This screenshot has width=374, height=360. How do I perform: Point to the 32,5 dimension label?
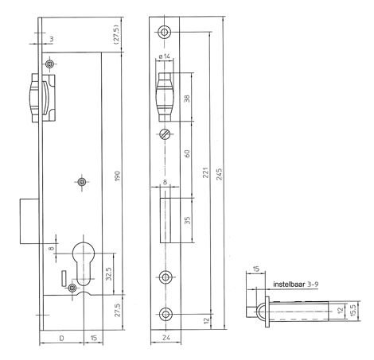click(108, 272)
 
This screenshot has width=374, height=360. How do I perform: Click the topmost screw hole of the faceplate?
click(165, 32)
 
